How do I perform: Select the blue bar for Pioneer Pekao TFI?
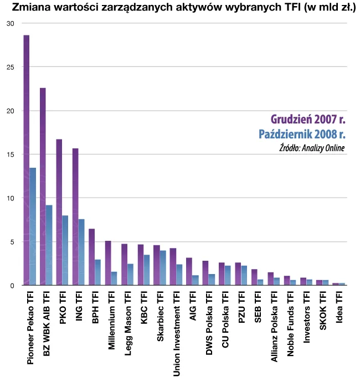click(33, 227)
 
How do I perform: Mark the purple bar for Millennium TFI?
click(108, 263)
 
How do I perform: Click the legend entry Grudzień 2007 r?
click(307, 120)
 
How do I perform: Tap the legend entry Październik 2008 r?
click(302, 135)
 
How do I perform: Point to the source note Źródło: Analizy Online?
click(312, 148)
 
